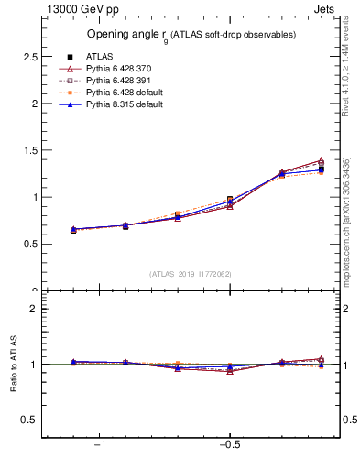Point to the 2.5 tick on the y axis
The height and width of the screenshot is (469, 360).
tap(29, 57)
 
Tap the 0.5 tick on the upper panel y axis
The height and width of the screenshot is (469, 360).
tap(29, 244)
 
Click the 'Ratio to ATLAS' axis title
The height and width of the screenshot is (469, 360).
tap(13, 364)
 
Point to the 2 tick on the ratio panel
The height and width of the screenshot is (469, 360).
tap(34, 309)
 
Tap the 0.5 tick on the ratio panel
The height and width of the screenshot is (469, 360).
tap(29, 420)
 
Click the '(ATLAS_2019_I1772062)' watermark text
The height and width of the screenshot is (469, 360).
tap(190, 274)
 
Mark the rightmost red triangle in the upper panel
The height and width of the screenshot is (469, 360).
tap(321, 161)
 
